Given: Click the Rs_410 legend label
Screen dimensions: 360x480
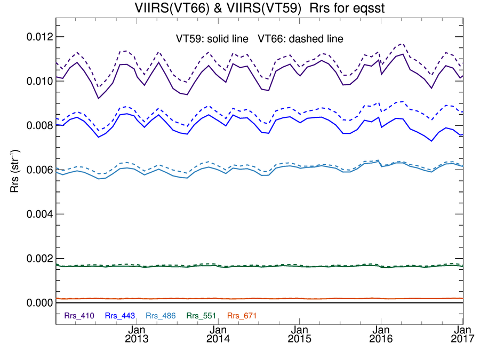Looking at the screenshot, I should (79, 316).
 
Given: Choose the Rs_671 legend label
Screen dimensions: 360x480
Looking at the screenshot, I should (242, 316).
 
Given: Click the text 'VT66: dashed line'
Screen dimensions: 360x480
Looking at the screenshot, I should (301, 38).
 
